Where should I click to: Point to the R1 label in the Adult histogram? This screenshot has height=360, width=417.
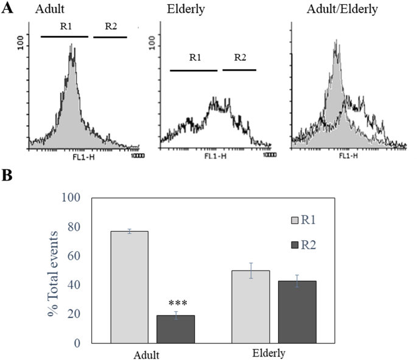[65, 27]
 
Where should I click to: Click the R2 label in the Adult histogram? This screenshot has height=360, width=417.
[111, 27]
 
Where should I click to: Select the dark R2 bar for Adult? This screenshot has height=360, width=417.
[175, 329]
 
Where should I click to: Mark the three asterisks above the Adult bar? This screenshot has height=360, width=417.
[176, 302]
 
